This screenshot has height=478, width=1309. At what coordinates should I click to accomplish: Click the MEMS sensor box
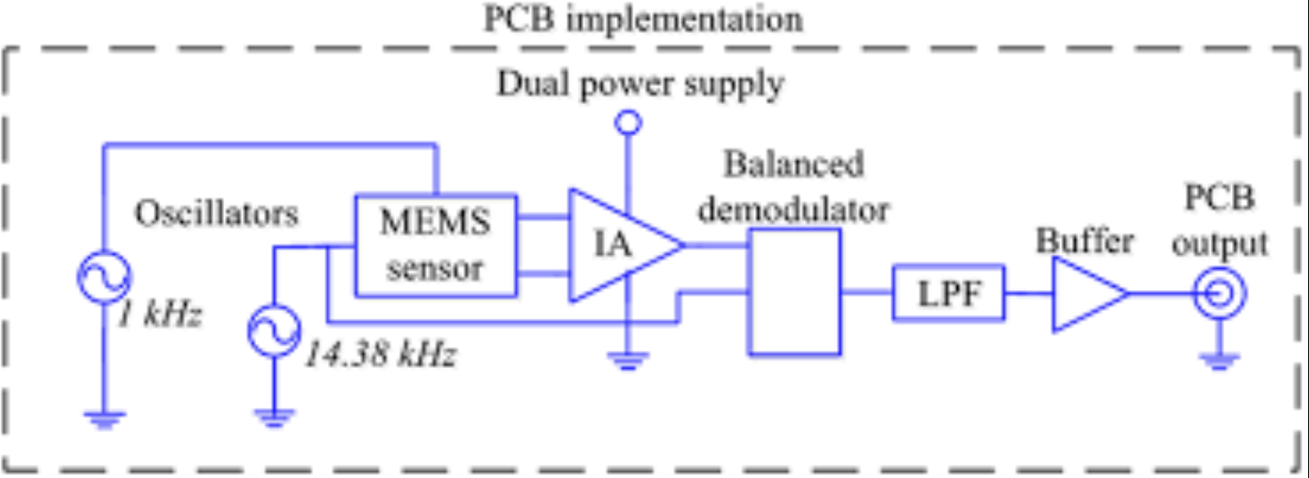pyautogui.click(x=435, y=246)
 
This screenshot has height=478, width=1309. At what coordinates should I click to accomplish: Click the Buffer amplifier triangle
pyautogui.click(x=1085, y=294)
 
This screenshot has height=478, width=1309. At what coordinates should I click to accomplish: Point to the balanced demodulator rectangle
pyautogui.click(x=793, y=291)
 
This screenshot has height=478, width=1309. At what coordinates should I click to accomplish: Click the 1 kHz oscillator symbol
pyautogui.click(x=105, y=278)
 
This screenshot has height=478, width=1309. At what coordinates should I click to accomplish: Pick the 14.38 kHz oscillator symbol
pyautogui.click(x=273, y=331)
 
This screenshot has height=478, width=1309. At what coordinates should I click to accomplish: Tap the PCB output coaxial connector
pyautogui.click(x=1219, y=294)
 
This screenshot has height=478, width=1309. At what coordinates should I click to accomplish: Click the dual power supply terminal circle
pyautogui.click(x=627, y=124)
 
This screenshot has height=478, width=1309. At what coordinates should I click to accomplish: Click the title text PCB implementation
pyautogui.click(x=643, y=19)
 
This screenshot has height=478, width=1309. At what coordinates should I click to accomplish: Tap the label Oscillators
pyautogui.click(x=217, y=213)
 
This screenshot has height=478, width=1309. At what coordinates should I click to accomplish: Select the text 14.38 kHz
pyautogui.click(x=381, y=354)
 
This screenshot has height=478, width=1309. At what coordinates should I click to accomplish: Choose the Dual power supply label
pyautogui.click(x=640, y=85)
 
